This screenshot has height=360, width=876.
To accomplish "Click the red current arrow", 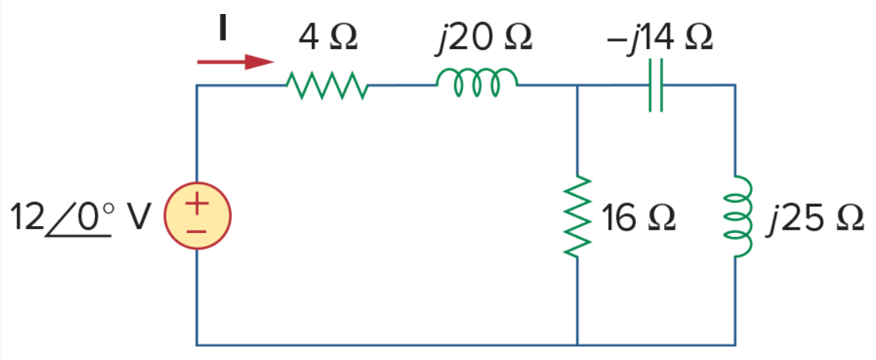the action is pyautogui.click(x=235, y=62).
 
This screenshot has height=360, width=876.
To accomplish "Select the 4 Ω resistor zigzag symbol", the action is pyautogui.click(x=327, y=86).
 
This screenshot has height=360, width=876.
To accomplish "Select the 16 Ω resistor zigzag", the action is pyautogui.click(x=577, y=216).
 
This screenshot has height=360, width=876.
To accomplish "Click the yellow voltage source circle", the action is pyautogui.click(x=197, y=216).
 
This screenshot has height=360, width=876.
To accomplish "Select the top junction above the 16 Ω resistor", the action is pyautogui.click(x=577, y=86).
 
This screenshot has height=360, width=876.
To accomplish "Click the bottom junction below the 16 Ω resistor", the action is pyautogui.click(x=577, y=344).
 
